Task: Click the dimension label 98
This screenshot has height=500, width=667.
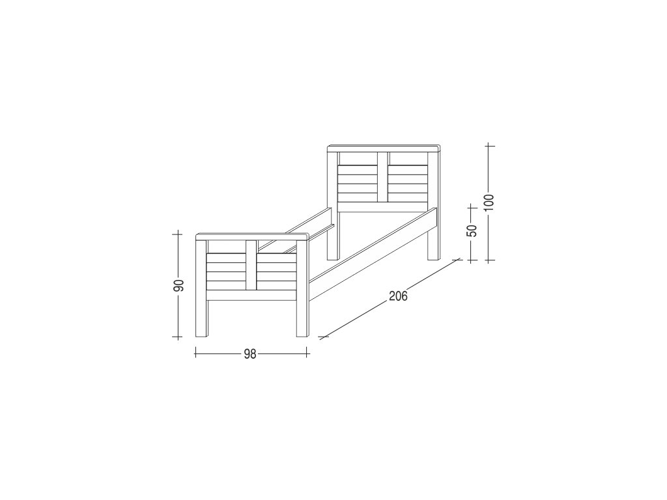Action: [x=250, y=354]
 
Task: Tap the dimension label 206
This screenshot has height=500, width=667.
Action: [x=398, y=296]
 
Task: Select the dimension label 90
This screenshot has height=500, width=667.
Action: [x=179, y=285]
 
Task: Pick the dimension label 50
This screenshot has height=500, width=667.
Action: [x=472, y=230]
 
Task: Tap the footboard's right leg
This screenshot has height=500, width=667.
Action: [x=302, y=314]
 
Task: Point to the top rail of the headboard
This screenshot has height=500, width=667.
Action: [x=383, y=149]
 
